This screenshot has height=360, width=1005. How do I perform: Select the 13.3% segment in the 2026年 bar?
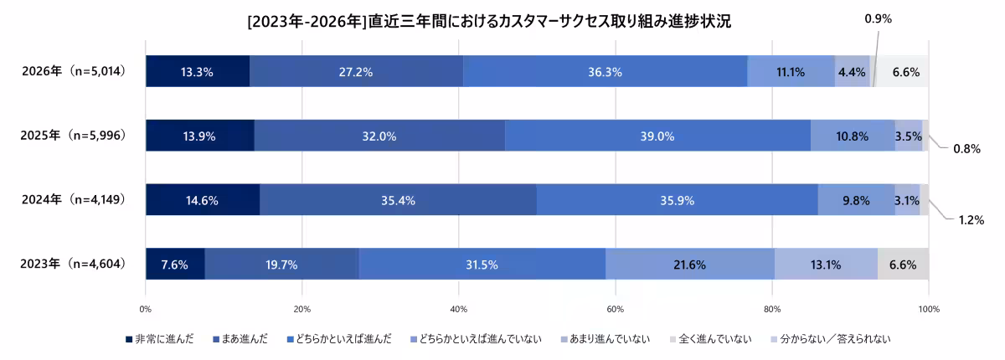click(197, 72)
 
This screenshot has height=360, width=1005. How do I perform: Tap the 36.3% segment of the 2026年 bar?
click(605, 72)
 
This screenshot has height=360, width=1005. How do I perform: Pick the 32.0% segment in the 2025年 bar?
click(379, 136)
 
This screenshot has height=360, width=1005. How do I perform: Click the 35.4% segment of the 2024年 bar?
click(398, 200)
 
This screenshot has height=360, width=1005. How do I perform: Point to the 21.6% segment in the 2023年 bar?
click(689, 265)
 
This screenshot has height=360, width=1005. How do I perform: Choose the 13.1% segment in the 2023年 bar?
click(826, 265)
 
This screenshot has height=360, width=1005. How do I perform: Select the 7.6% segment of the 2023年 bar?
click(174, 265)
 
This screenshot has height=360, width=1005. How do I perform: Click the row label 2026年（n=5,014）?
click(74, 71)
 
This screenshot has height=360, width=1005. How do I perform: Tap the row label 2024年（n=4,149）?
click(74, 199)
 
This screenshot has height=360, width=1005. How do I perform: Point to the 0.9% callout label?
click(878, 18)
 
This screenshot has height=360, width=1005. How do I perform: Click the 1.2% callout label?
click(970, 219)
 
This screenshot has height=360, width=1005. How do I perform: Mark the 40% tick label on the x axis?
click(458, 310)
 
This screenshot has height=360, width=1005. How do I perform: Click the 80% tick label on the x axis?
click(771, 310)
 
